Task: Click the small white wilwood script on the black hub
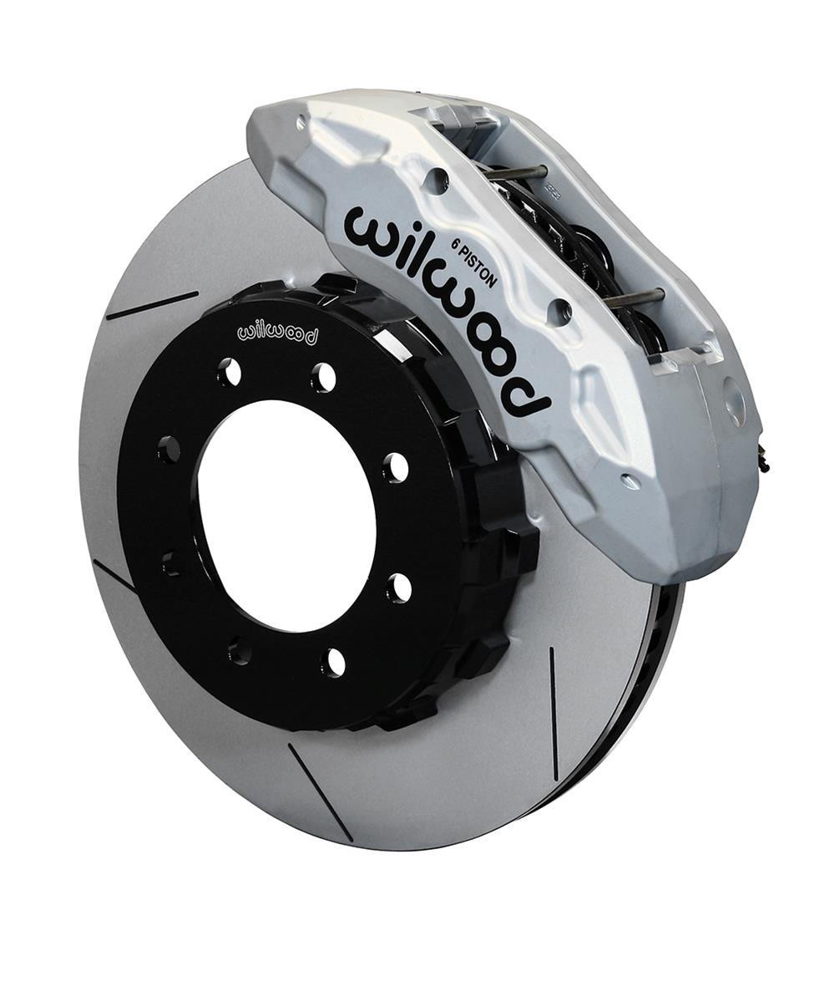point(278,333)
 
